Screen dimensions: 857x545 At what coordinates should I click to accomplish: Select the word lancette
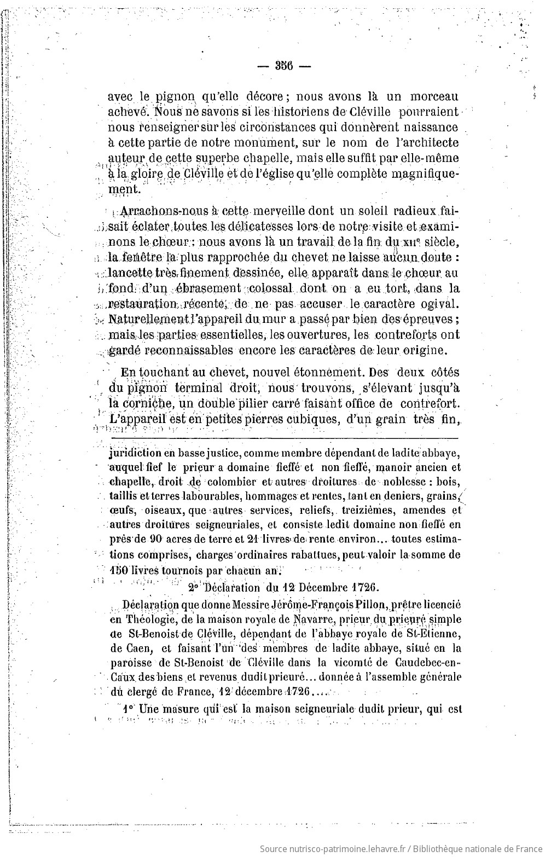(x=130, y=272)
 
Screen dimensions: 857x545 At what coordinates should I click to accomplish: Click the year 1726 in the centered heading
(x=362, y=587)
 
